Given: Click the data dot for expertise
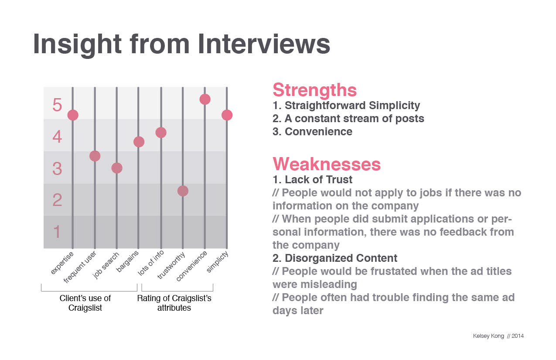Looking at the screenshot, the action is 73,115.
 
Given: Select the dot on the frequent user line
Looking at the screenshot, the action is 95,156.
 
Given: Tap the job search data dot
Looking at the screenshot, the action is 117,168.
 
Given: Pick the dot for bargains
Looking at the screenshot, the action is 139,142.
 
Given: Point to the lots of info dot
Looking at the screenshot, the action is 161,132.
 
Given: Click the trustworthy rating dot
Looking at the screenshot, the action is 183,191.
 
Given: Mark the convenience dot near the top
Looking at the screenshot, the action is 205,99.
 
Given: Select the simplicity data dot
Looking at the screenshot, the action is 227,115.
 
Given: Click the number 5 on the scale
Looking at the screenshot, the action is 57,105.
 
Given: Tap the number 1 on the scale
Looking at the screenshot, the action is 57,232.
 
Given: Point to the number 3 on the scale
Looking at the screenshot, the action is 57,169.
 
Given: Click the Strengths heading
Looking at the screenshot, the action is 314,90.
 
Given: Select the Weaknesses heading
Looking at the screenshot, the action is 326,164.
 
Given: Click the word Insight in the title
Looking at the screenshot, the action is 77,44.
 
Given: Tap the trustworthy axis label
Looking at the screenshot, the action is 171,265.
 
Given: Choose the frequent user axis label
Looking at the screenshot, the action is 80,267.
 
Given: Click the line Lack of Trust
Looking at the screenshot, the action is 312,180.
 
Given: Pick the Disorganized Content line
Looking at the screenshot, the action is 335,258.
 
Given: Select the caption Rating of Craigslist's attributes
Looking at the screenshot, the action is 174,303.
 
